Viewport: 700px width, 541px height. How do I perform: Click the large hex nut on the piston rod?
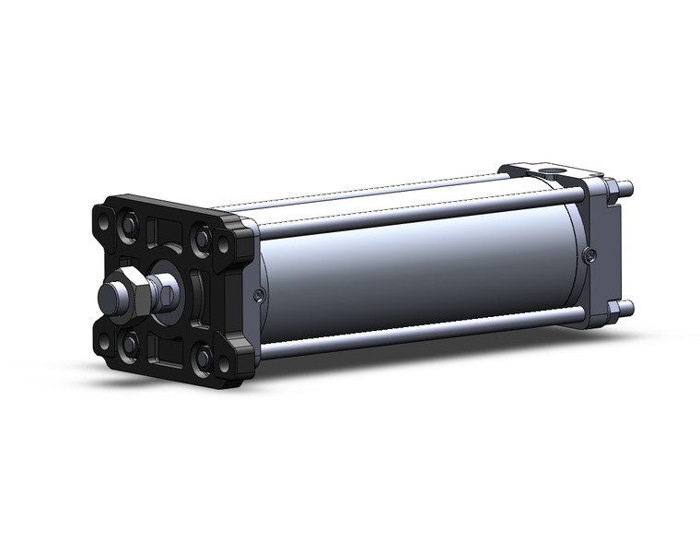[135, 295]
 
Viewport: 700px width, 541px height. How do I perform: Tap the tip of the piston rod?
[105, 299]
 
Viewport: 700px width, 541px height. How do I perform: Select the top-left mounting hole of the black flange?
[103, 222]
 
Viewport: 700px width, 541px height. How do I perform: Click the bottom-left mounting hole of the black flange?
[105, 341]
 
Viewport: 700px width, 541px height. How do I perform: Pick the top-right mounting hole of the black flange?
[222, 245]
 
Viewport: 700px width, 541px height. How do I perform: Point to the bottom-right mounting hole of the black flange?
[223, 364]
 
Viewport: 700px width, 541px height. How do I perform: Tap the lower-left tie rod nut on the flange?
[130, 343]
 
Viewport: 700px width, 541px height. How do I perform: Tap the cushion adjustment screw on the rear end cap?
[589, 254]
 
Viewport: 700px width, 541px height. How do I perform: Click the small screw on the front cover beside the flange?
[259, 294]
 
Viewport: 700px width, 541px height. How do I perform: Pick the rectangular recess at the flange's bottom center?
[166, 350]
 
